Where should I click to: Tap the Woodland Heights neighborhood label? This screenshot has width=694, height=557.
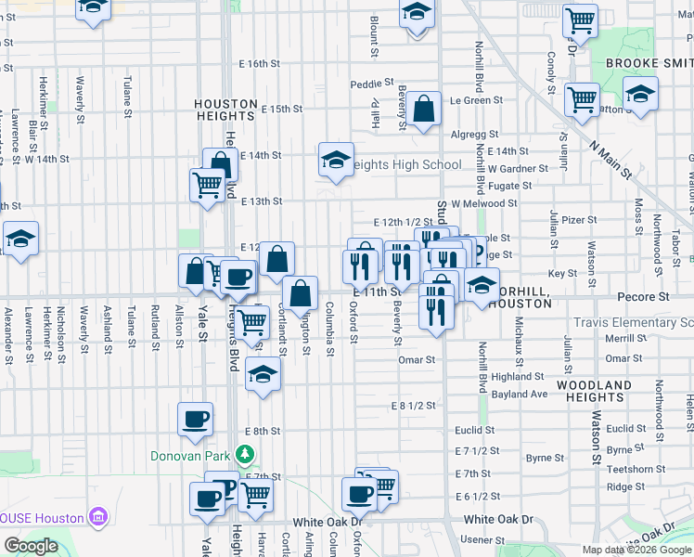(x=594, y=391)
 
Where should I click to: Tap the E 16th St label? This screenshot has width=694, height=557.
(x=259, y=64)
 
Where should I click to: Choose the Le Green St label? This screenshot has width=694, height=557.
(x=476, y=100)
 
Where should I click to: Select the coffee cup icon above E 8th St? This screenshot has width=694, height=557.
(x=195, y=420)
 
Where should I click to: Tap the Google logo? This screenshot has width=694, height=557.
(x=31, y=546)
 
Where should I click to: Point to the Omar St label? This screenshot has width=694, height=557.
(x=417, y=359)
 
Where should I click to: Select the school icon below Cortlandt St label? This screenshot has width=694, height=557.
(x=263, y=376)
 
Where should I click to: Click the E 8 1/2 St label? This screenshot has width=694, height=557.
(x=413, y=407)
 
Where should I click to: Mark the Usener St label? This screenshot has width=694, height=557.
(x=480, y=539)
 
